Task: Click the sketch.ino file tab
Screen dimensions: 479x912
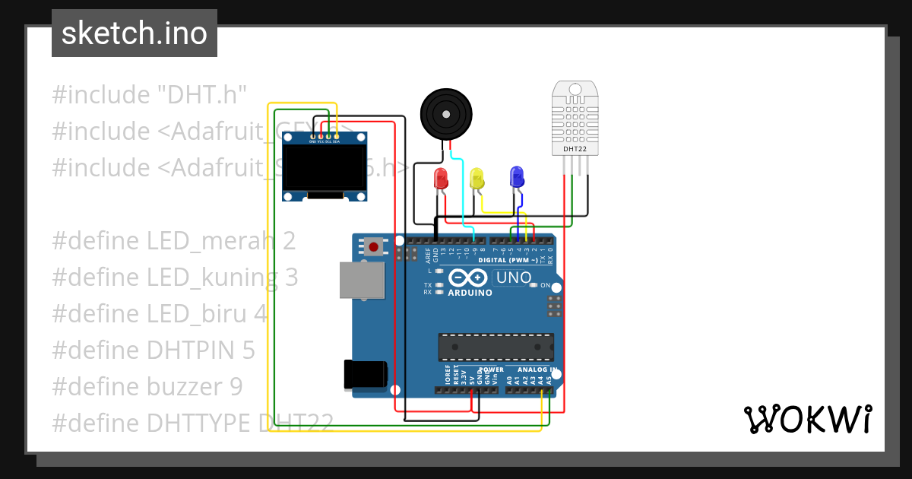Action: (x=135, y=33)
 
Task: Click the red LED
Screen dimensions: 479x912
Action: (x=441, y=179)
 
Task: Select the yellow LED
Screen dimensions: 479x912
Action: (x=477, y=179)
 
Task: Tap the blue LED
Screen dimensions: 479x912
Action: (x=517, y=177)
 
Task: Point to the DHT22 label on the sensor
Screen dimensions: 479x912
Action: (x=575, y=150)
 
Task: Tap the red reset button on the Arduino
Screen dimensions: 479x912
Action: (x=373, y=246)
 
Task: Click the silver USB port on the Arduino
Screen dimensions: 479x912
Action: (x=362, y=281)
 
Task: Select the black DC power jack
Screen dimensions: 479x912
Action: (x=365, y=374)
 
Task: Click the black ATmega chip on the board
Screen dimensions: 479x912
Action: (x=496, y=346)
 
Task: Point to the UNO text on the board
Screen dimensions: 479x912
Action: (x=514, y=278)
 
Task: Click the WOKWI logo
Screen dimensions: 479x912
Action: (x=807, y=419)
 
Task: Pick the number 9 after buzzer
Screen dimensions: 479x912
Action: (x=236, y=387)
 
